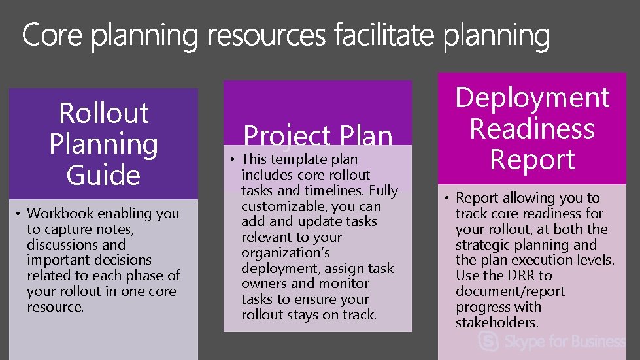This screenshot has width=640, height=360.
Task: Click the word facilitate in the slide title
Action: pyautogui.click(x=386, y=36)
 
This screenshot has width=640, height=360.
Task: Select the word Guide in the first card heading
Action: pyautogui.click(x=103, y=175)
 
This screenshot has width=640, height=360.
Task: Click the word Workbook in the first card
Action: pyautogui.click(x=57, y=213)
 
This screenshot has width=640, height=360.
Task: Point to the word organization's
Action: pyautogui.click(x=286, y=253)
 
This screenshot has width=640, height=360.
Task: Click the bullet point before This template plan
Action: pyautogui.click(x=233, y=159)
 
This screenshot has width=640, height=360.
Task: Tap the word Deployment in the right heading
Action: pyautogui.click(x=532, y=98)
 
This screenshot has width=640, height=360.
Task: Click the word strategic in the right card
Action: pyautogui.click(x=484, y=245)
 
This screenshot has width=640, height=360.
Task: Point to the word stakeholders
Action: pyautogui.click(x=497, y=323)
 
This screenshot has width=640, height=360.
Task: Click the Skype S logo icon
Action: pyautogui.click(x=488, y=341)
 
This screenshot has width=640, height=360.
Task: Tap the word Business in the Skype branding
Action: pyautogui.click(x=592, y=341)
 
